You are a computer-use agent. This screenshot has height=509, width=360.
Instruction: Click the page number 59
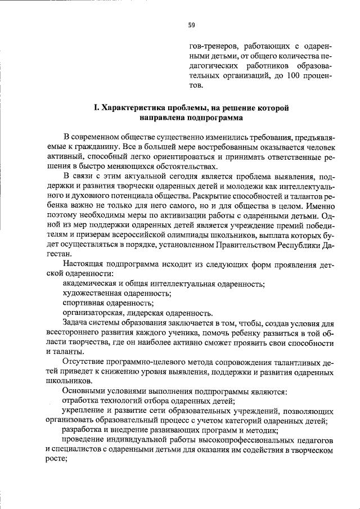191,25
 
